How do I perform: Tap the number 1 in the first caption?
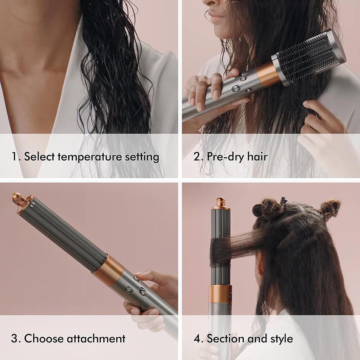pyautogui.click(x=14, y=157)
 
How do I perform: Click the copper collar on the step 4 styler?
pyautogui.click(x=220, y=294)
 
